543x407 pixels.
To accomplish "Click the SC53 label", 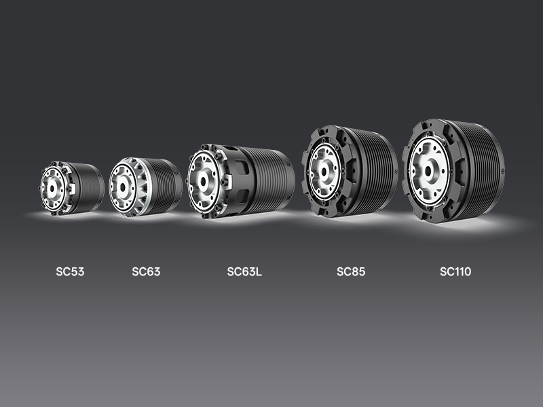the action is click(x=70, y=272).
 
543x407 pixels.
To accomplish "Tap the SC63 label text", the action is click(x=146, y=272).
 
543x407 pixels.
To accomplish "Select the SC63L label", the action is click(x=244, y=272).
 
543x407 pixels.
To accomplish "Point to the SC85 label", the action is click(x=351, y=272).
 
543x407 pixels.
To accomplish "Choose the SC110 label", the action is click(x=455, y=272).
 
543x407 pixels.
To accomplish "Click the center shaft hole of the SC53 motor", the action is click(x=52, y=189).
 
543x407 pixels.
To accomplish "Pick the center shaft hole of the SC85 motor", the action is click(x=324, y=172).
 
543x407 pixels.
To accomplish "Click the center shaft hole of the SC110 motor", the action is click(x=428, y=171).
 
